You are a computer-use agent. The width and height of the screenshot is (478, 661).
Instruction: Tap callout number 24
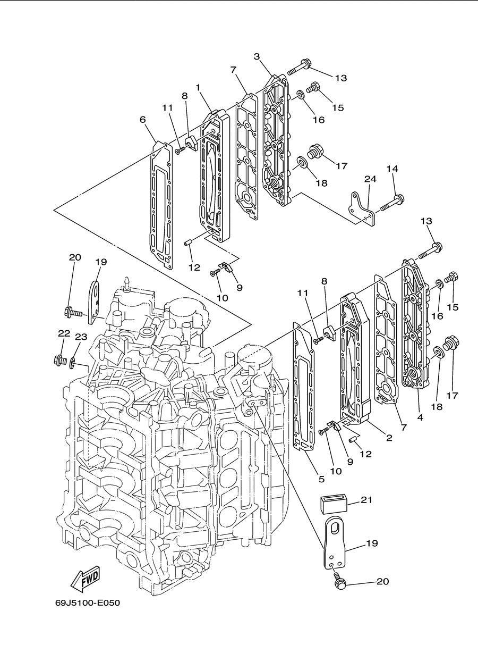[370, 179]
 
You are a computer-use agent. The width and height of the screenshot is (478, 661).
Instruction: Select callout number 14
[392, 169]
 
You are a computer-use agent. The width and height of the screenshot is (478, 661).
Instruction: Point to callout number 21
[366, 500]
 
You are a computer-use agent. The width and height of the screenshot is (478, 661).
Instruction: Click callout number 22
[64, 333]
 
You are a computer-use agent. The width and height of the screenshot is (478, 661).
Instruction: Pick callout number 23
[81, 337]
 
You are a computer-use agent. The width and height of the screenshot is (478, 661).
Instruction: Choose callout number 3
[257, 56]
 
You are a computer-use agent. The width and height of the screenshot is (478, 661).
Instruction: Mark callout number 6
[143, 120]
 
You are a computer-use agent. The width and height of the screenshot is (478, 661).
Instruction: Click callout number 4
[420, 417]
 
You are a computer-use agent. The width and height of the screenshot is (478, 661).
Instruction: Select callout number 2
[389, 438]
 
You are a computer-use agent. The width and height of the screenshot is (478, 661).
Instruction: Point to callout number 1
[198, 87]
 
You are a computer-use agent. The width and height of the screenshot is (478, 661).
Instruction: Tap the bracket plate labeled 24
[362, 208]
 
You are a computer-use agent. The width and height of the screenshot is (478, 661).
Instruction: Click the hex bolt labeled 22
[60, 361]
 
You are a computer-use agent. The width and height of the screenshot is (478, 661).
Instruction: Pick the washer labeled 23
[72, 364]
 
